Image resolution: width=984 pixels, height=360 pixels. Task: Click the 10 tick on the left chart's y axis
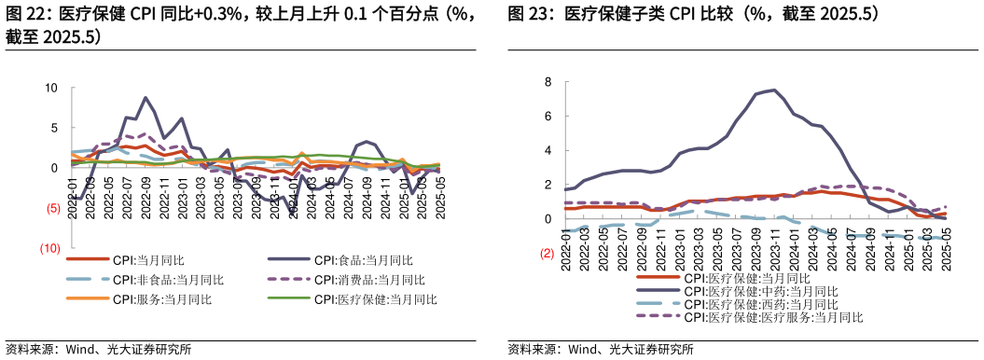pos(51,88)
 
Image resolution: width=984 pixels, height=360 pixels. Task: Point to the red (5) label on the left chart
pos(53,208)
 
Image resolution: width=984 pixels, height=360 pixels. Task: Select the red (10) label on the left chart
pos(51,248)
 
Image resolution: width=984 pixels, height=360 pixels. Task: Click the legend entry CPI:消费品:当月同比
pos(369,280)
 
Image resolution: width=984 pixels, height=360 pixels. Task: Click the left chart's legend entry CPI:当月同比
pos(149,260)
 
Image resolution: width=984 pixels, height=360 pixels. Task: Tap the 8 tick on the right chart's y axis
pos(548,82)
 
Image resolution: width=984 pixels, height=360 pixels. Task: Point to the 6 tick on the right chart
pos(548,117)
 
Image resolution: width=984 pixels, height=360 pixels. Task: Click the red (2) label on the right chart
pos(547,253)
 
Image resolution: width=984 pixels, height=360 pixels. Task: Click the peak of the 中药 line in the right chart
pos(774,90)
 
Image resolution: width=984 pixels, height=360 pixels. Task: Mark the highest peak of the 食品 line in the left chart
pos(146,98)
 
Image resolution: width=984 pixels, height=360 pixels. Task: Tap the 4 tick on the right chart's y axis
pos(548,150)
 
